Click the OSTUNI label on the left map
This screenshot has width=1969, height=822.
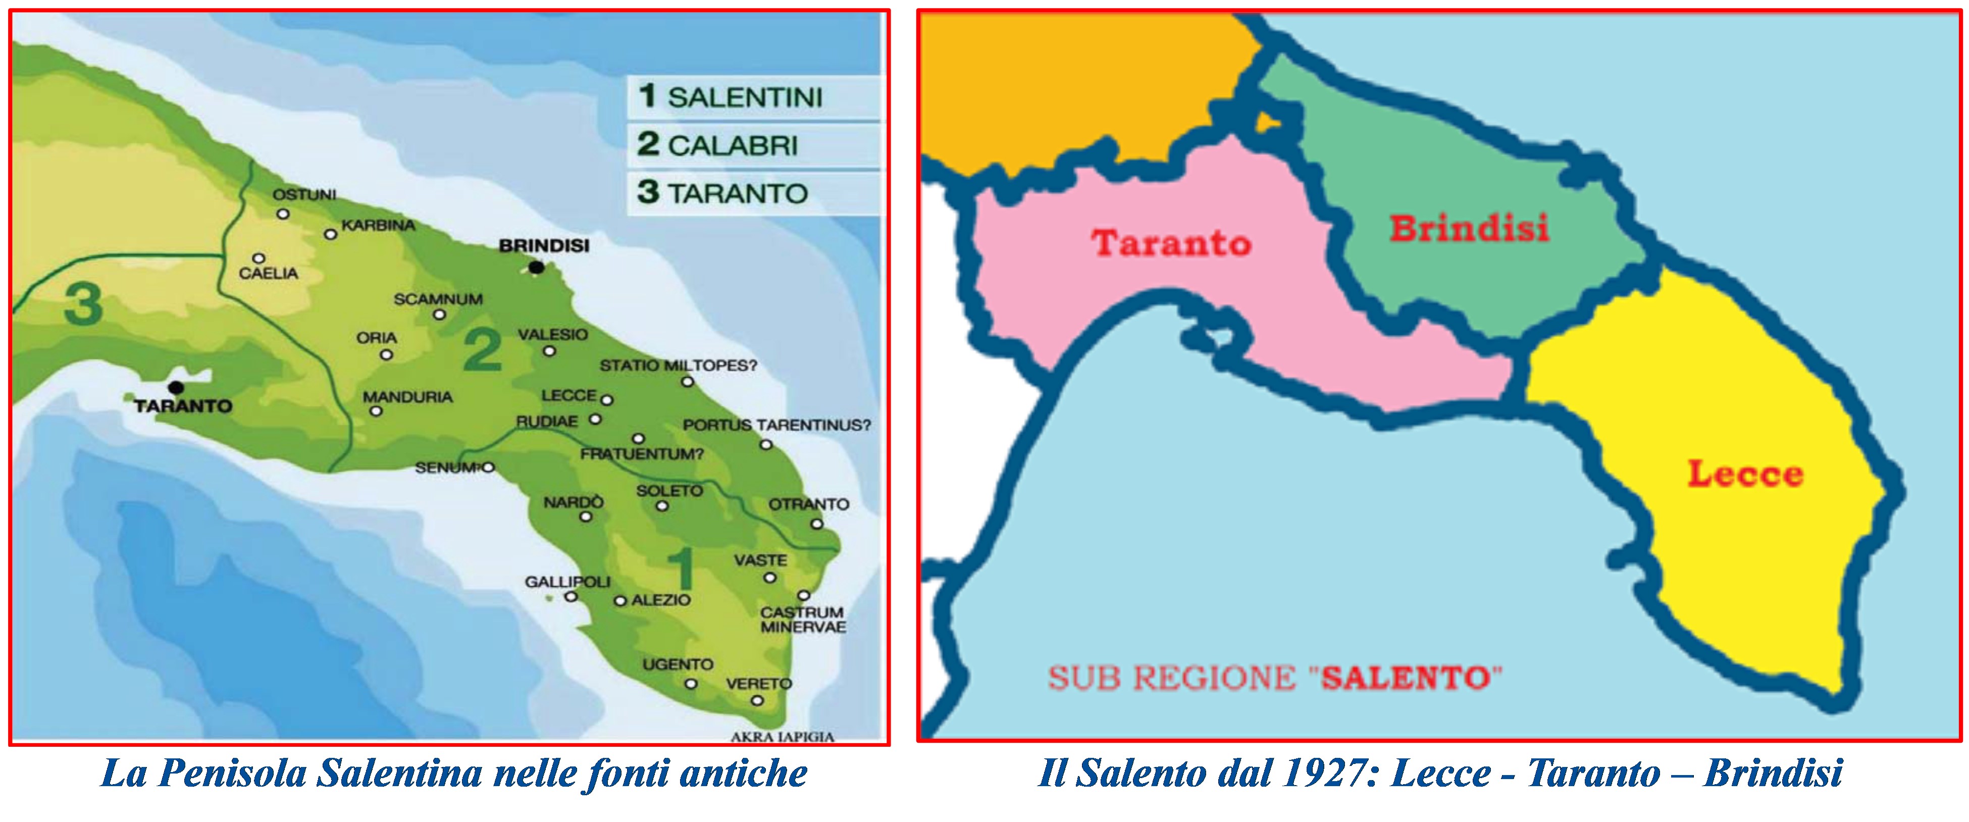(304, 195)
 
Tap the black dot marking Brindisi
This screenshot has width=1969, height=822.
(537, 268)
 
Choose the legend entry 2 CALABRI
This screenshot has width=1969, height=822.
(718, 144)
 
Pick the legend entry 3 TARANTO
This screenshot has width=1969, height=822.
(723, 193)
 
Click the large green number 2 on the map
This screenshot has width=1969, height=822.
(483, 350)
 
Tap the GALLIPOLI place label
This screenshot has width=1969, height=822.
(567, 582)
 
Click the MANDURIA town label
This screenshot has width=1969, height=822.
(407, 397)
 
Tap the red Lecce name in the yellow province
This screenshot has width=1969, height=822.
(1745, 474)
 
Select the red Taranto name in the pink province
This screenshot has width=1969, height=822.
(1171, 243)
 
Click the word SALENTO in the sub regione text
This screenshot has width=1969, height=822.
(1407, 678)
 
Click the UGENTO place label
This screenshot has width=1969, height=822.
(677, 664)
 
